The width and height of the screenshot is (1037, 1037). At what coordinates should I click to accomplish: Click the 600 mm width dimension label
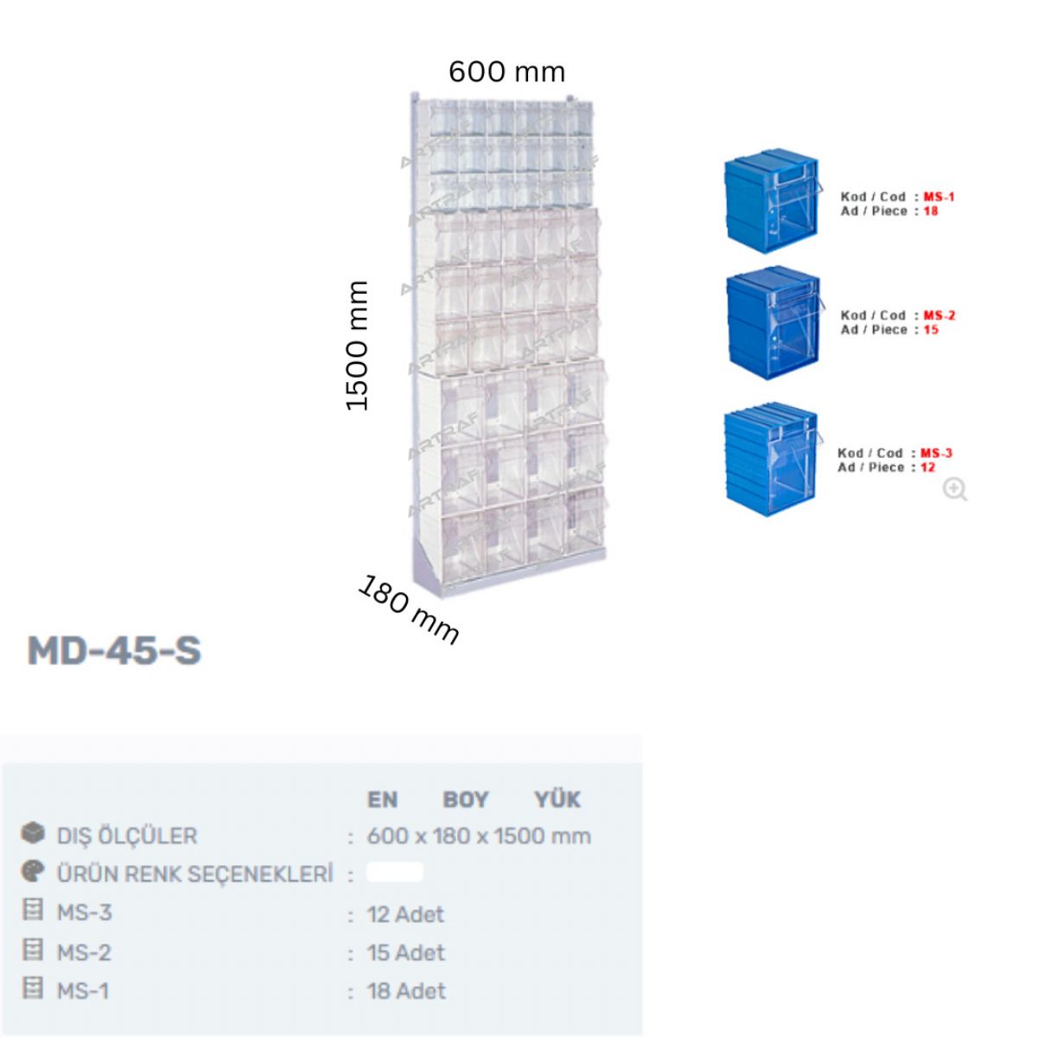(x=506, y=72)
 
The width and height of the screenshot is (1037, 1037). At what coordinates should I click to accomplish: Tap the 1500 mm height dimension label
(x=357, y=346)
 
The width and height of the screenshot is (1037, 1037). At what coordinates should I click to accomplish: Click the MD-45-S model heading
(x=114, y=650)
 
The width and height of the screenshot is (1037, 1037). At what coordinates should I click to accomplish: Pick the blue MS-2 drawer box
(x=773, y=321)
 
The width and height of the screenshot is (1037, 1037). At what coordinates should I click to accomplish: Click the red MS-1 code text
(x=939, y=196)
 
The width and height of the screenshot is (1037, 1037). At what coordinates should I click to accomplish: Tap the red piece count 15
(x=931, y=329)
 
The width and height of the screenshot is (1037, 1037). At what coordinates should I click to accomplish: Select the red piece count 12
(x=928, y=468)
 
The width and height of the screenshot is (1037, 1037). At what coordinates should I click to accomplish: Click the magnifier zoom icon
(x=955, y=490)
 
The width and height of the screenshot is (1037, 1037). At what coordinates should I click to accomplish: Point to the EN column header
(x=383, y=799)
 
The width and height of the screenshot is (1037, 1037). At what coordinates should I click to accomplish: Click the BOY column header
(x=466, y=799)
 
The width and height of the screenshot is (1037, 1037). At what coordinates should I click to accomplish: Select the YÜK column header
(x=558, y=799)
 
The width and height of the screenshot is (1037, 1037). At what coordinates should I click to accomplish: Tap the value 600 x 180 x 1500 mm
(x=479, y=837)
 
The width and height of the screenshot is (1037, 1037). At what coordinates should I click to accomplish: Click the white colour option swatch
(x=395, y=872)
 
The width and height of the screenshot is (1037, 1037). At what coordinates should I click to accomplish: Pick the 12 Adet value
(x=406, y=914)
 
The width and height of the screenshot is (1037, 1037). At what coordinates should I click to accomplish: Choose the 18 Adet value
(x=406, y=990)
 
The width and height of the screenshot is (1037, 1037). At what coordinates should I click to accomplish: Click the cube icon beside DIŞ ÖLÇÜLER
(x=33, y=833)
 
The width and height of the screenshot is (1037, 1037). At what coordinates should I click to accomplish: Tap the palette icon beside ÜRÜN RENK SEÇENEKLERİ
(x=33, y=871)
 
